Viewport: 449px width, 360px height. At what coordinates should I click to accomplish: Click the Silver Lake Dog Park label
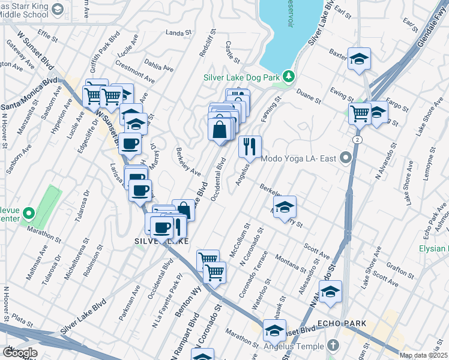pos(242,77)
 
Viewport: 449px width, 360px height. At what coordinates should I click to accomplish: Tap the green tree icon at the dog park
pos(289,76)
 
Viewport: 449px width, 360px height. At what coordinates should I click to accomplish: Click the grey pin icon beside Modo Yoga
pos(345,158)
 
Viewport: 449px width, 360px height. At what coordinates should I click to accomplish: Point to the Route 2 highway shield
pos(357,139)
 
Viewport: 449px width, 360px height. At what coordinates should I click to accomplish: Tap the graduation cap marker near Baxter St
pos(360,59)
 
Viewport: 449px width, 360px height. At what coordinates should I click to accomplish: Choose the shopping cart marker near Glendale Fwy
pos(360,112)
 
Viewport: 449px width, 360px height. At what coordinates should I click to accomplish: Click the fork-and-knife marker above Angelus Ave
pos(250,146)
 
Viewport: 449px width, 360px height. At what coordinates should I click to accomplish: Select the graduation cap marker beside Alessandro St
pos(330,292)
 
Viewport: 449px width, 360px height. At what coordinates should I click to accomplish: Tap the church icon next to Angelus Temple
pos(334,346)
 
